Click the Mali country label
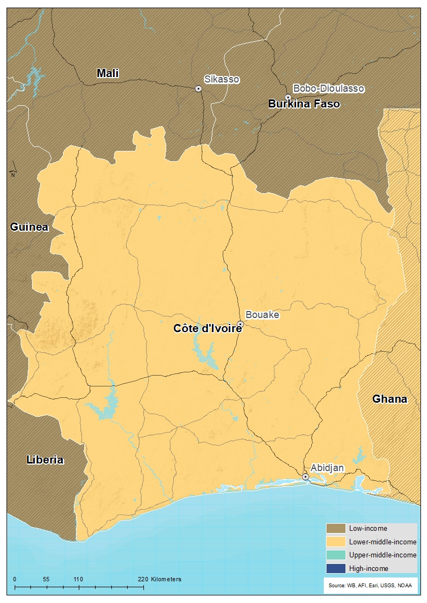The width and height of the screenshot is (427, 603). coord(108,73)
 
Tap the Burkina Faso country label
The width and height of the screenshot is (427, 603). coord(304,104)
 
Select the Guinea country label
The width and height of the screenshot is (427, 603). coord(29,227)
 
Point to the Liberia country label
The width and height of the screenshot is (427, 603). coord(45,460)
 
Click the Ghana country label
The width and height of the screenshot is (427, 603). coord(390,399)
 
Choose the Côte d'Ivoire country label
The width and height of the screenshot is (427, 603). coord(207,328)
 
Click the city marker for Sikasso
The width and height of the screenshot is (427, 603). coord(198,88)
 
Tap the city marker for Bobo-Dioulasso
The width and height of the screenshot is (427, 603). coord(288,97)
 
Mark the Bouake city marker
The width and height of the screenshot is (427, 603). coord(240,324)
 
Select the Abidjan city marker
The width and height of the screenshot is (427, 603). coord(305,477)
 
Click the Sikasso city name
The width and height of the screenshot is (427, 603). coord(222,79)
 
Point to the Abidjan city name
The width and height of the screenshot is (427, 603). coord(327,467)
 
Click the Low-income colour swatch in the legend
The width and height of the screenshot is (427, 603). coord(335,528)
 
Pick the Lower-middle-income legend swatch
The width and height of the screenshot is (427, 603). coord(335,542)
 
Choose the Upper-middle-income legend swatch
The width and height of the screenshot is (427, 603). coord(335,555)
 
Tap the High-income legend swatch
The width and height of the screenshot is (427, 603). coord(335,568)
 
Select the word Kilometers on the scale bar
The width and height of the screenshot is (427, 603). coord(166,579)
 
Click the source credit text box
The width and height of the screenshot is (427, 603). coord(371,585)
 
